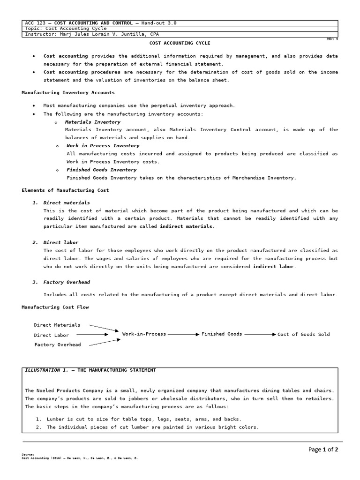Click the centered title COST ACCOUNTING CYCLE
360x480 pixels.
pyautogui.click(x=180, y=43)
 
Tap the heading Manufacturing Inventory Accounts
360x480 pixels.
pyautogui.click(x=68, y=93)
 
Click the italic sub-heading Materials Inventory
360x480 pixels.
pyautogui.click(x=92, y=122)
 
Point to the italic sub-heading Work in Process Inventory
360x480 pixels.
pyautogui.click(x=103, y=146)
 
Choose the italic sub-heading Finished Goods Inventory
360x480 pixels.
pyautogui.click(x=101, y=170)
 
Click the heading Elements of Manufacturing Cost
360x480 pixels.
pyautogui.click(x=65, y=190)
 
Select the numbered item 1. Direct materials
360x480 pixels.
pyautogui.click(x=61, y=202)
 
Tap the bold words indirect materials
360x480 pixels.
pyautogui.click(x=186, y=226)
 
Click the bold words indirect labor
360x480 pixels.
pyautogui.click(x=273, y=267)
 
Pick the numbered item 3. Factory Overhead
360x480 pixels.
pyautogui.click(x=61, y=282)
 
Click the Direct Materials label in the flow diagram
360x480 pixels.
pyautogui.click(x=57, y=325)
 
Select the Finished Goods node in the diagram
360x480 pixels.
pyautogui.click(x=222, y=334)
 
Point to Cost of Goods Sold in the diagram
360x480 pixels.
pyautogui.click(x=303, y=334)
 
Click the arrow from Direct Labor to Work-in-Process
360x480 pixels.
pyautogui.click(x=92, y=335)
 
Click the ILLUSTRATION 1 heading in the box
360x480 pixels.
pyautogui.click(x=89, y=370)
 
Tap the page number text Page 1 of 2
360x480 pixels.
pyautogui.click(x=323, y=450)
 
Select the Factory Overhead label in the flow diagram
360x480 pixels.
pyautogui.click(x=57, y=345)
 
